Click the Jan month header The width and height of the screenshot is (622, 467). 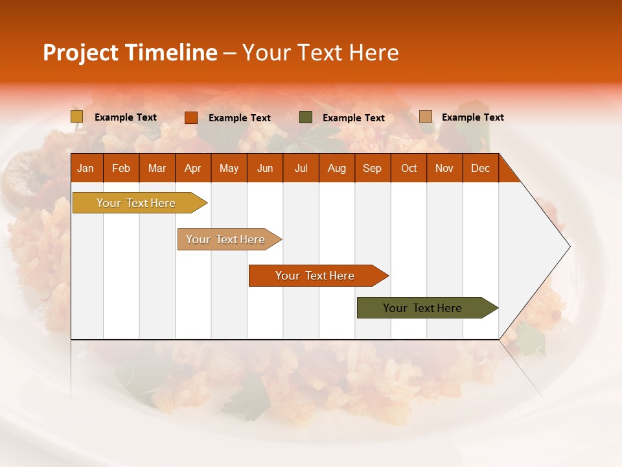pyautogui.click(x=86, y=169)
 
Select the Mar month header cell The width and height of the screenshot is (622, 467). pyautogui.click(x=157, y=169)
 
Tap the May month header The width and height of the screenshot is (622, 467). pyautogui.click(x=229, y=169)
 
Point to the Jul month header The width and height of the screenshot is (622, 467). pyautogui.click(x=301, y=169)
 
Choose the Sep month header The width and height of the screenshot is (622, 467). pyautogui.click(x=372, y=169)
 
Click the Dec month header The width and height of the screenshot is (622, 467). pyautogui.click(x=480, y=169)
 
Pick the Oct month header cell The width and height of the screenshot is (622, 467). pyautogui.click(x=408, y=169)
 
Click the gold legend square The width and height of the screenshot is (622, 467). pyautogui.click(x=76, y=117)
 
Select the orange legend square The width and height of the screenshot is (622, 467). pyautogui.click(x=190, y=117)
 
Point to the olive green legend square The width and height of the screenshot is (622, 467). pyautogui.click(x=305, y=117)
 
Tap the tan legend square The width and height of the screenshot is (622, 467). pyautogui.click(x=425, y=117)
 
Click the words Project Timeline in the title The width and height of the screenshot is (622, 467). pyautogui.click(x=130, y=53)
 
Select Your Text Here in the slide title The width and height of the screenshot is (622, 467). pyautogui.click(x=321, y=53)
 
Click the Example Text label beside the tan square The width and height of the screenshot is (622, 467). pyautogui.click(x=472, y=117)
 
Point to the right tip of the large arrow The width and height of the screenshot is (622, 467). pyautogui.click(x=568, y=246)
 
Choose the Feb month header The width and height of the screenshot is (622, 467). pyautogui.click(x=121, y=169)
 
